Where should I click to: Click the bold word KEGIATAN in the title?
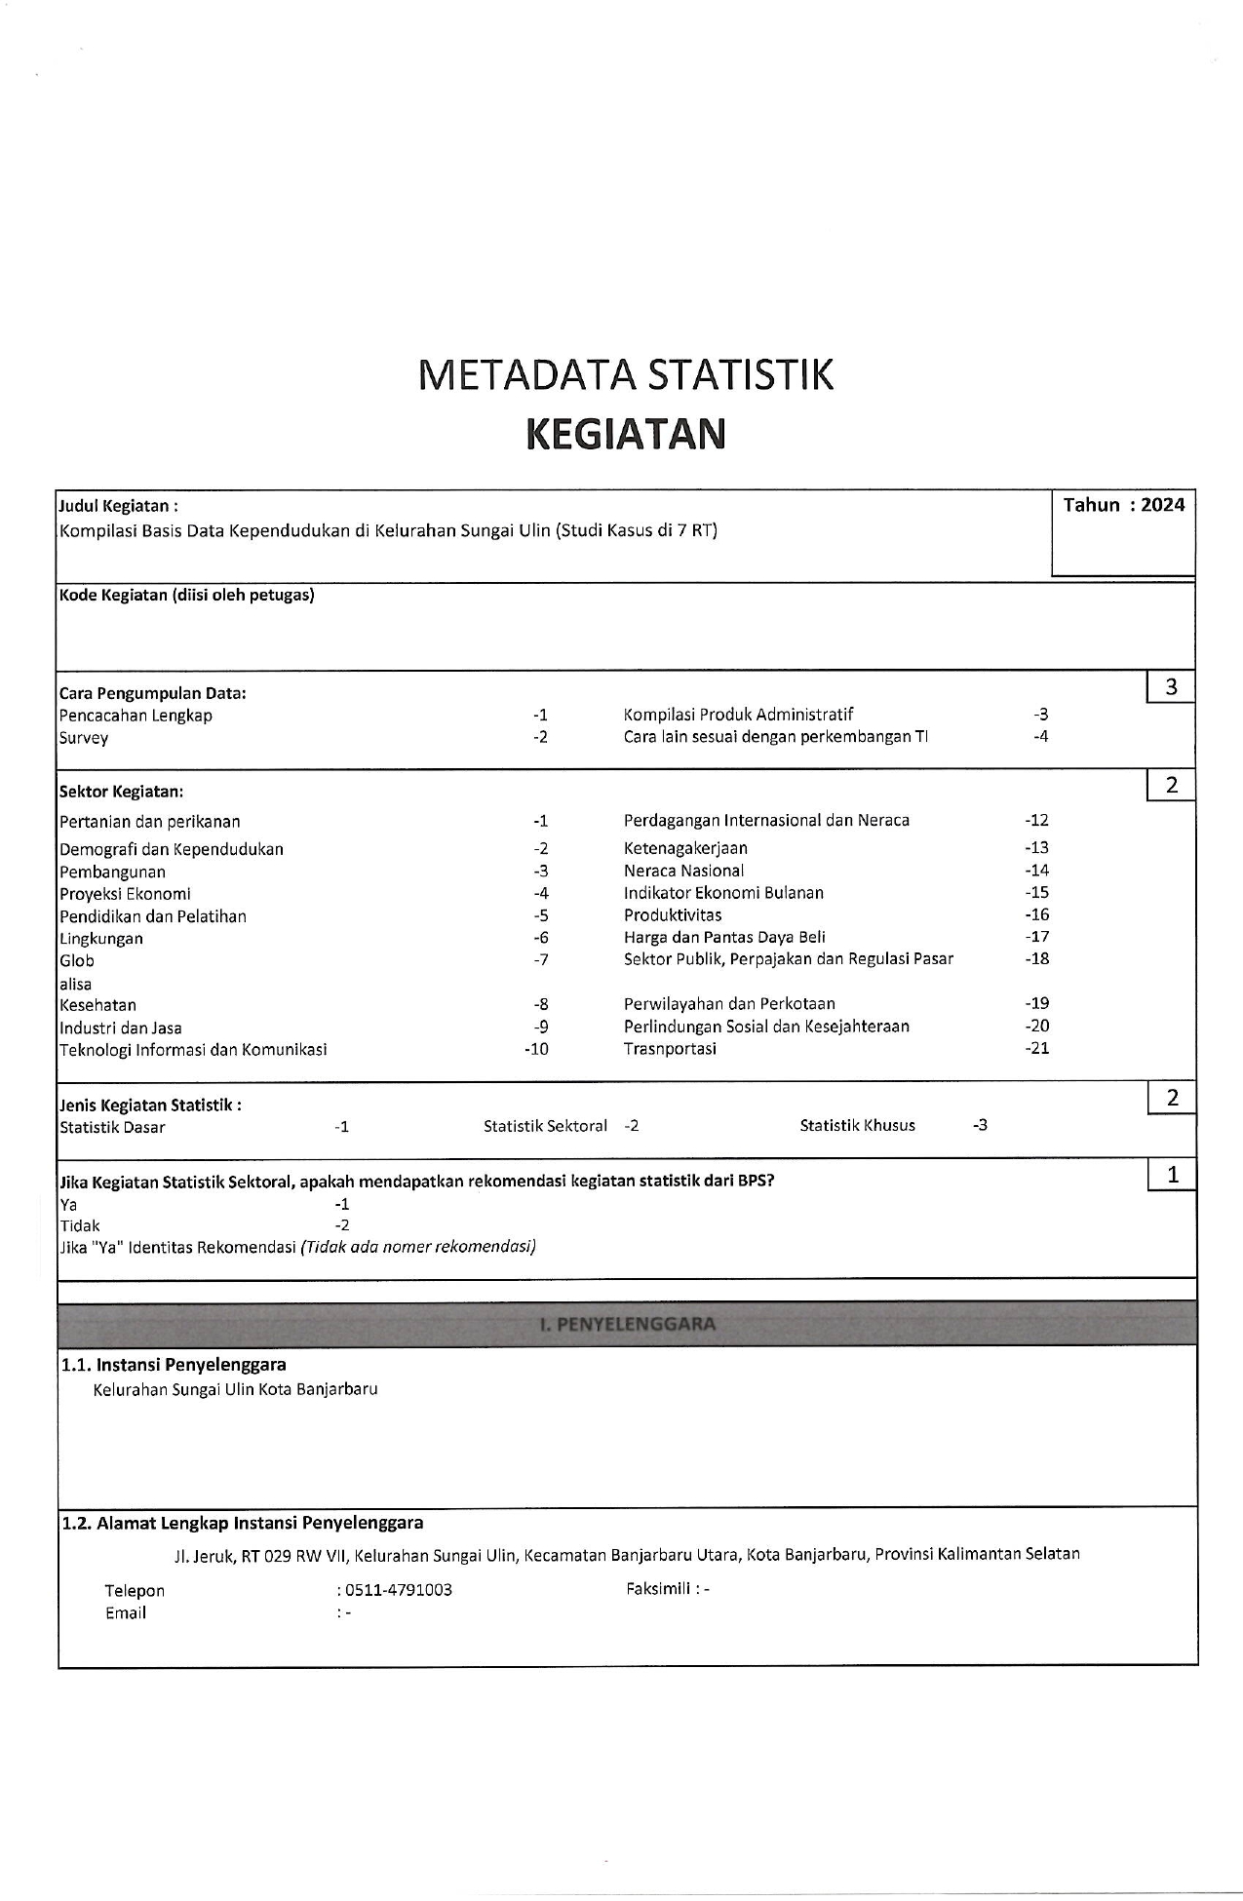click(x=625, y=434)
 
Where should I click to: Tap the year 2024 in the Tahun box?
click(x=1162, y=505)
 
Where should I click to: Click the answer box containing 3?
click(x=1171, y=687)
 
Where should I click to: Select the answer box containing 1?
click(x=1172, y=1176)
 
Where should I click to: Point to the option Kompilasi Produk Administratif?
click(x=738, y=715)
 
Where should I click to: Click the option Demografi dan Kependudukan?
click(x=172, y=849)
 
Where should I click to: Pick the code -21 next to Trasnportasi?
click(x=1036, y=1049)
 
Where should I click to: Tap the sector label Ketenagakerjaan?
click(x=685, y=848)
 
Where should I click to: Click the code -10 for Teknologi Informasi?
click(x=536, y=1050)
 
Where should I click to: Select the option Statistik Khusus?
click(x=857, y=1126)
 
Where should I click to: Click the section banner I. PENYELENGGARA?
click(x=627, y=1324)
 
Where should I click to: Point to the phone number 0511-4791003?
click(x=399, y=1590)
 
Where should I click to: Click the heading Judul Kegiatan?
click(x=118, y=506)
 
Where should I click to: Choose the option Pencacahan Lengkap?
click(x=136, y=716)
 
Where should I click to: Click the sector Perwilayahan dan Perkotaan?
click(x=729, y=1004)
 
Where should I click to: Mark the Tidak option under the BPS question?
click(x=80, y=1226)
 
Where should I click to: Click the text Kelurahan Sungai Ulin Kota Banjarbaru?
click(x=235, y=1389)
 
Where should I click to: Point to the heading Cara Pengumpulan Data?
click(x=152, y=694)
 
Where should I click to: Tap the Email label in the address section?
click(x=126, y=1613)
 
